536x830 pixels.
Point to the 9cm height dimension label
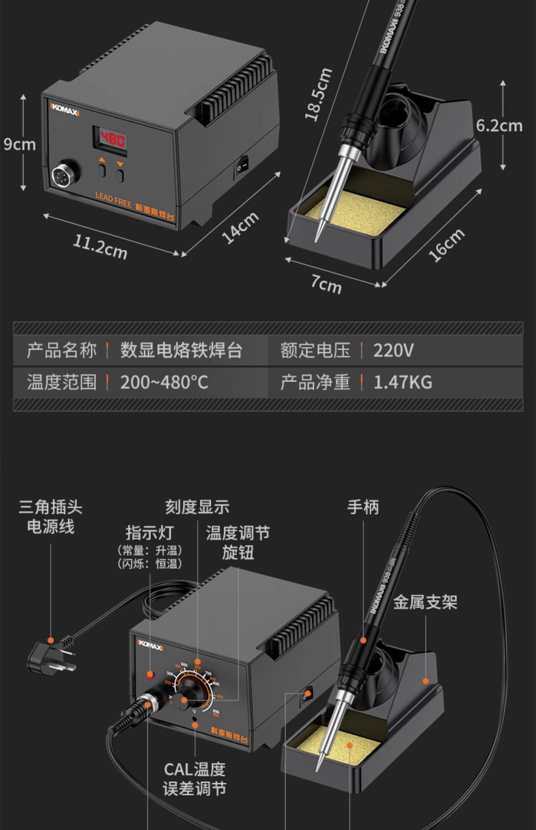click(20, 144)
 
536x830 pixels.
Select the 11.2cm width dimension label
click(100, 247)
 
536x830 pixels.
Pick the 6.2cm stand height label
click(499, 126)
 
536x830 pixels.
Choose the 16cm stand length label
click(447, 245)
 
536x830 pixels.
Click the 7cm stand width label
click(326, 284)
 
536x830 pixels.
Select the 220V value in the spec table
click(393, 350)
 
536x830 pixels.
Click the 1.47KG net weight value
click(403, 382)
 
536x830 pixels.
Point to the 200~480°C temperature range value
click(164, 382)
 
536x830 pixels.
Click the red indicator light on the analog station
click(150, 675)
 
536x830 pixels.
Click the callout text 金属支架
click(425, 602)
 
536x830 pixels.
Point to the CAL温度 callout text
click(195, 769)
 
